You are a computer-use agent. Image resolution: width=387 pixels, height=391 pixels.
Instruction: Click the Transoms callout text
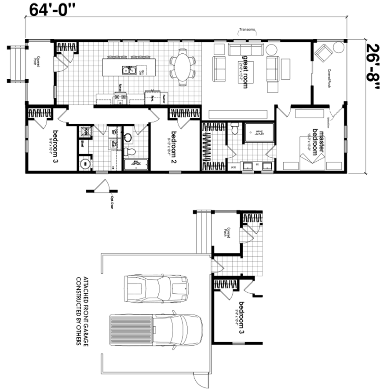click(x=247, y=30)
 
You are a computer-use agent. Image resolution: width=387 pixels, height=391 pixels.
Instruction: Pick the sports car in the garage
click(x=156, y=288)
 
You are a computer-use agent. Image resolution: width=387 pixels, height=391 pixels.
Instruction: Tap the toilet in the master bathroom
click(x=235, y=129)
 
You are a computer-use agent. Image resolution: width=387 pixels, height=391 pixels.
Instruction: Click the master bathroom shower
click(x=259, y=131)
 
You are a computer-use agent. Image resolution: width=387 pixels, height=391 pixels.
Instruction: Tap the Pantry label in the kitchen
click(x=164, y=96)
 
